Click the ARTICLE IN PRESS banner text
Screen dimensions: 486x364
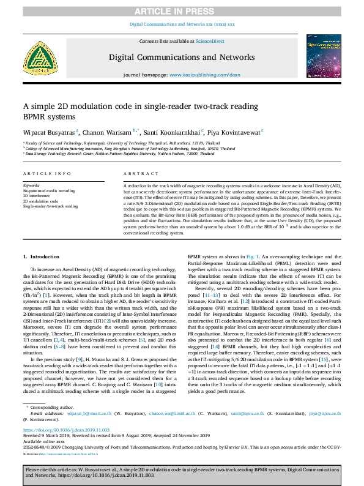click(182, 11)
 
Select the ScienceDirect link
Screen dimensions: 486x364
click(210, 40)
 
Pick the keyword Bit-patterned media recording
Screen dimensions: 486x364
click(49, 191)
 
